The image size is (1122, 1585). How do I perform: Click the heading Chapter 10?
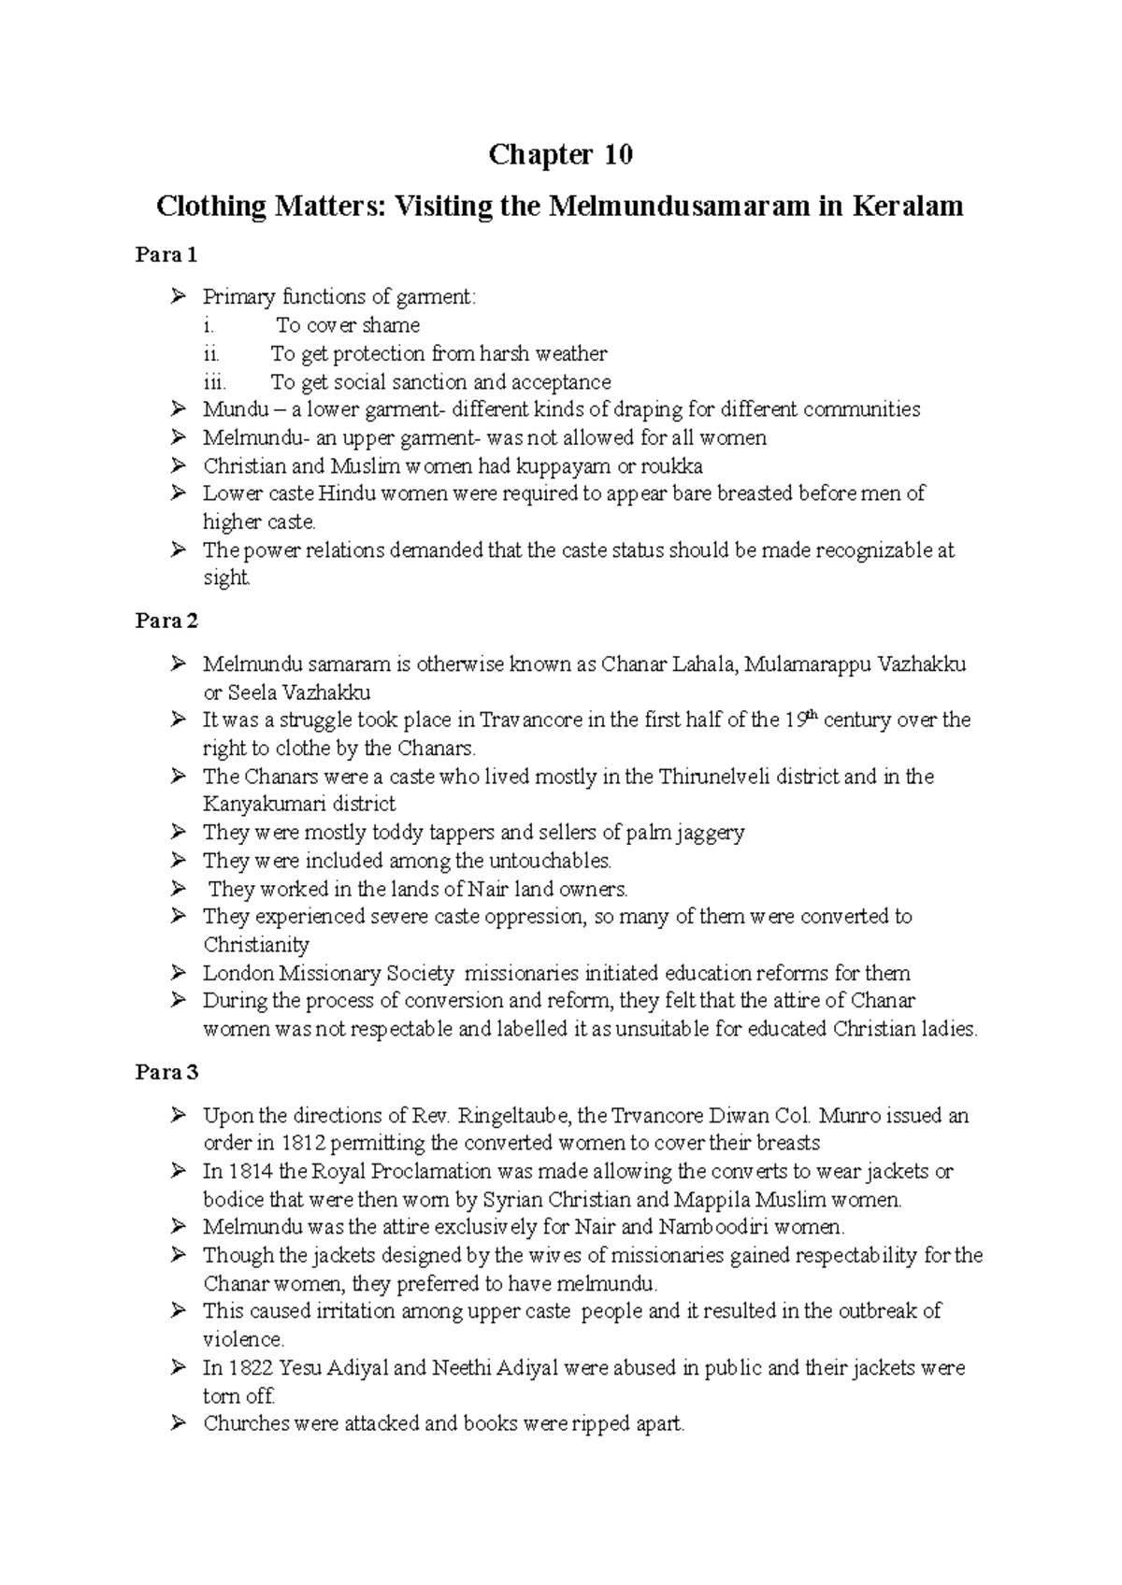(x=560, y=154)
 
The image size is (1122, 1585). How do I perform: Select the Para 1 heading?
(x=166, y=254)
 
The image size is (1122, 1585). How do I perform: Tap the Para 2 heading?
(x=166, y=621)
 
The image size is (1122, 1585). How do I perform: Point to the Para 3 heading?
(x=166, y=1072)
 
